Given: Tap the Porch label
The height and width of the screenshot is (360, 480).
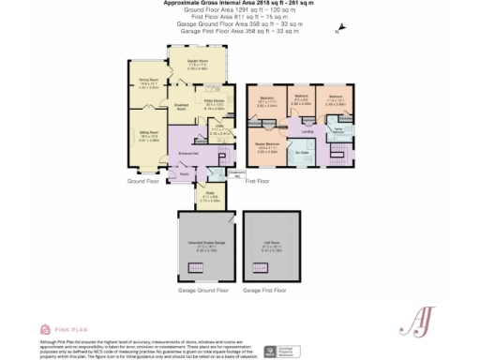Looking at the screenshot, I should click(184, 174).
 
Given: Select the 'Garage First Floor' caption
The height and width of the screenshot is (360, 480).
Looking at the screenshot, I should click(266, 291).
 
